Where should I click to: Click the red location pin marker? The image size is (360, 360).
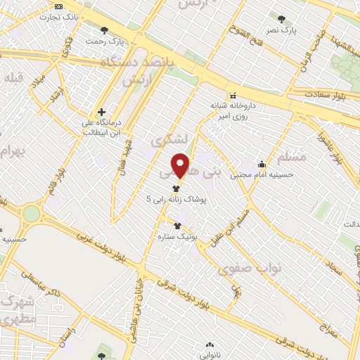pos(181,165)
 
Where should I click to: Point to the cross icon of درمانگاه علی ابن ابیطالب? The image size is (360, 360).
pos(102,112)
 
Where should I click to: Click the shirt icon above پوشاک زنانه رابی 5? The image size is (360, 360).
pos(175,188)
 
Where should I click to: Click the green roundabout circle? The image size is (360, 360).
pos(32,213)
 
